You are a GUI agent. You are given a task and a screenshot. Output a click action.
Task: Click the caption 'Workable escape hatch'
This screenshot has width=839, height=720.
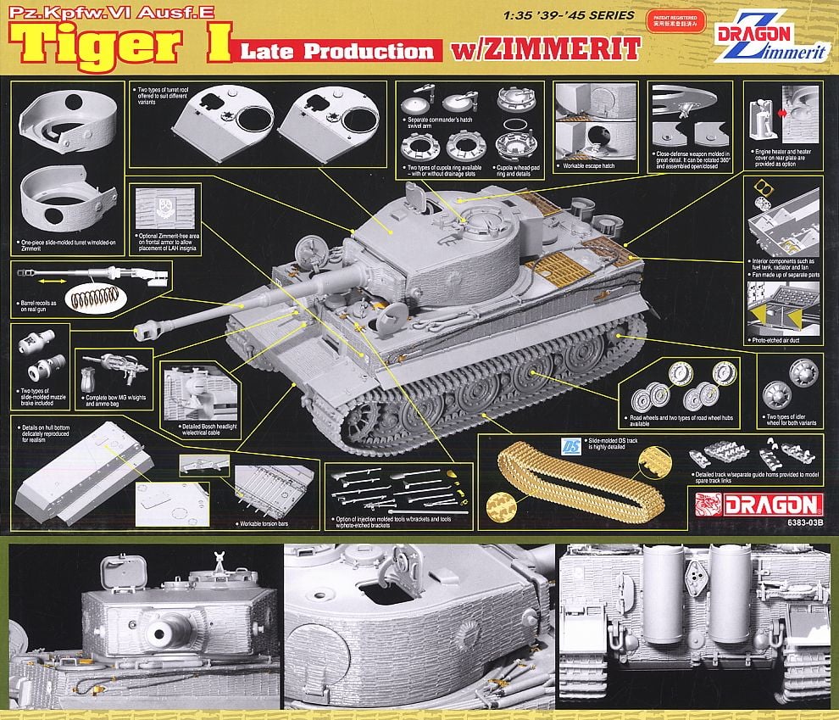tap(596, 166)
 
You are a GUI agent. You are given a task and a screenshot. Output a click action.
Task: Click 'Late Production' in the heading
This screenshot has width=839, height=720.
tap(336, 51)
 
